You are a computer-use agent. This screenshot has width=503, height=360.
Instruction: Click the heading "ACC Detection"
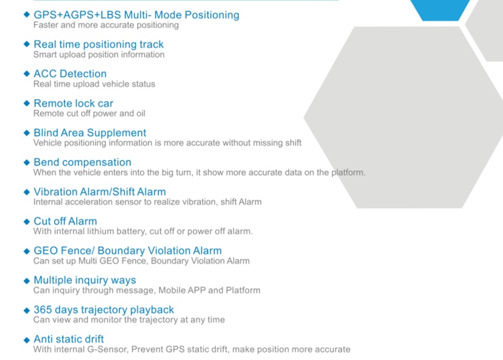(x=70, y=74)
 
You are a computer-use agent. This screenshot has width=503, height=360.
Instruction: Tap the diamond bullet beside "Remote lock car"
(x=27, y=103)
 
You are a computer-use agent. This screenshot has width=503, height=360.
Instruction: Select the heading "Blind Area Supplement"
(x=90, y=132)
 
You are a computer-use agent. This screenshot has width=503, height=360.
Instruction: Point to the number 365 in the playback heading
(x=43, y=310)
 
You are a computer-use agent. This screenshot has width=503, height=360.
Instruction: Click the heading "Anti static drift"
(x=68, y=339)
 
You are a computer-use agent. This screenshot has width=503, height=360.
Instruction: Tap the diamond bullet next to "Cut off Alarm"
(x=27, y=221)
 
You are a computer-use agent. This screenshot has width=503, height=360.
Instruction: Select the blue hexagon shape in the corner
(x=440, y=9)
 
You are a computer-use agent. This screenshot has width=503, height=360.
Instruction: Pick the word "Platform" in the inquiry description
(x=243, y=290)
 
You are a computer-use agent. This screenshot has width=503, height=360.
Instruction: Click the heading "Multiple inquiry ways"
(x=84, y=280)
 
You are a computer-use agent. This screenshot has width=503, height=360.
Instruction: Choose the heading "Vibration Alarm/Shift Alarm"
(x=100, y=191)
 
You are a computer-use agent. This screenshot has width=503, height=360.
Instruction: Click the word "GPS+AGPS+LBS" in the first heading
(x=77, y=15)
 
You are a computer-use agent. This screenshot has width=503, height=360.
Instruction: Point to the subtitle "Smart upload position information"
(x=99, y=55)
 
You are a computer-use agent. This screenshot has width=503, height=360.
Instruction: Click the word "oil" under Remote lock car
(x=141, y=114)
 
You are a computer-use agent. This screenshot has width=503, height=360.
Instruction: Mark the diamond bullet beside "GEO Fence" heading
(x=27, y=251)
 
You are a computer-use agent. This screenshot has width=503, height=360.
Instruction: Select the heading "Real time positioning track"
(x=98, y=45)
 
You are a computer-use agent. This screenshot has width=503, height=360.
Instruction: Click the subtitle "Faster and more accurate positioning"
(x=106, y=25)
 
